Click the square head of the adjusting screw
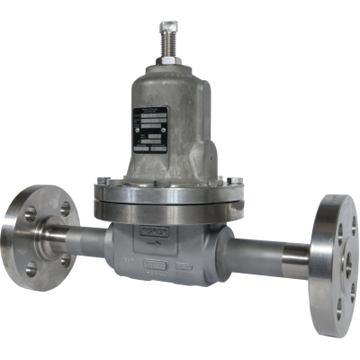(166, 28)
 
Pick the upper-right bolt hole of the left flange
(64, 209)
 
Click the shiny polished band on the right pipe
(293, 262)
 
